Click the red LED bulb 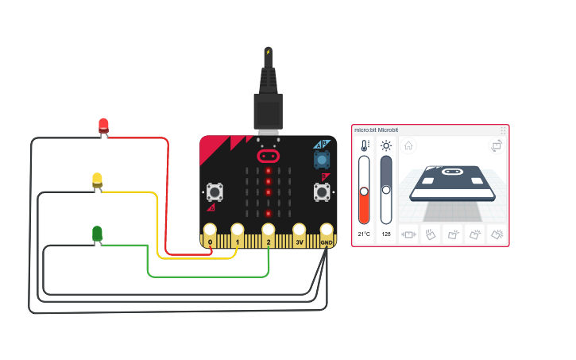pos(103,125)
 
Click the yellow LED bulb pos(97,180)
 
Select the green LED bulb pos(97,233)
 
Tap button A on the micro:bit pos(214,192)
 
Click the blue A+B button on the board pos(322,159)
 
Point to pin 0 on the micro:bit pos(210,240)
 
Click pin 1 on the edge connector pos(237,240)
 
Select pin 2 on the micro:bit pos(269,240)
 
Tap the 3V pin pos(300,240)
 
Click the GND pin pos(327,240)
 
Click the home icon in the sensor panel pos(408,145)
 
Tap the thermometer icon pos(364,145)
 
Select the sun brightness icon pos(386,145)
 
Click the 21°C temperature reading pos(364,234)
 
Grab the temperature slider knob pos(364,191)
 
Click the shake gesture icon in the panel pos(410,234)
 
